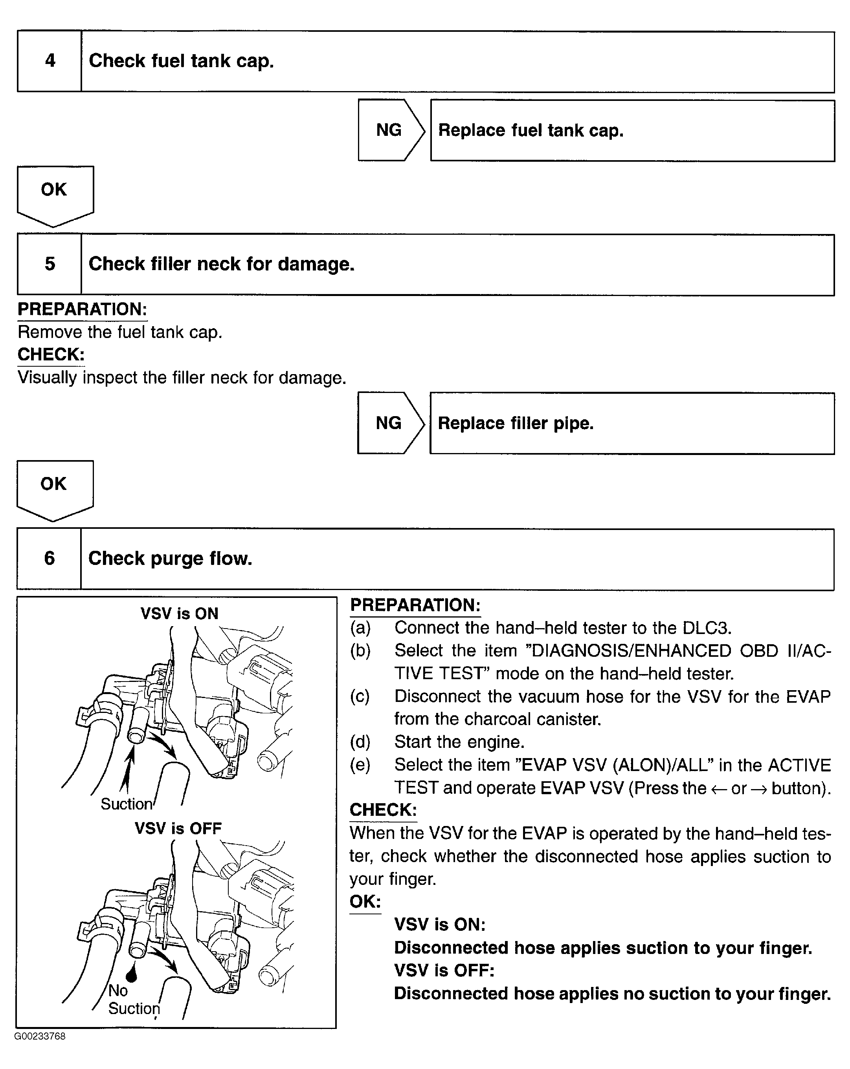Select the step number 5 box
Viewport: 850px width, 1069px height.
[x=50, y=264]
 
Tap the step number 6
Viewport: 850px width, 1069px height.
[x=49, y=558]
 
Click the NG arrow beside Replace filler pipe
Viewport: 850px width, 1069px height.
[x=389, y=423]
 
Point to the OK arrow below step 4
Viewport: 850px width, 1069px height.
[x=55, y=194]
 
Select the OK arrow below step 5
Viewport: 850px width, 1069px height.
[x=54, y=488]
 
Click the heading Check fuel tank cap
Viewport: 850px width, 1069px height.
[x=181, y=61]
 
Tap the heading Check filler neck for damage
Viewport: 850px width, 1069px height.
[x=221, y=264]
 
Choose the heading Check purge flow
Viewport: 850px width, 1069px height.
[x=170, y=558]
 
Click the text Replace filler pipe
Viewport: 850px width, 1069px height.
[x=516, y=423]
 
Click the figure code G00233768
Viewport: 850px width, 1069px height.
[x=40, y=1036]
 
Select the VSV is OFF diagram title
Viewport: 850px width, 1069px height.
[x=178, y=828]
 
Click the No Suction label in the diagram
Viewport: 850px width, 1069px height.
[x=133, y=999]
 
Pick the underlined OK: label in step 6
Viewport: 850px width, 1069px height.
[x=365, y=901]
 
